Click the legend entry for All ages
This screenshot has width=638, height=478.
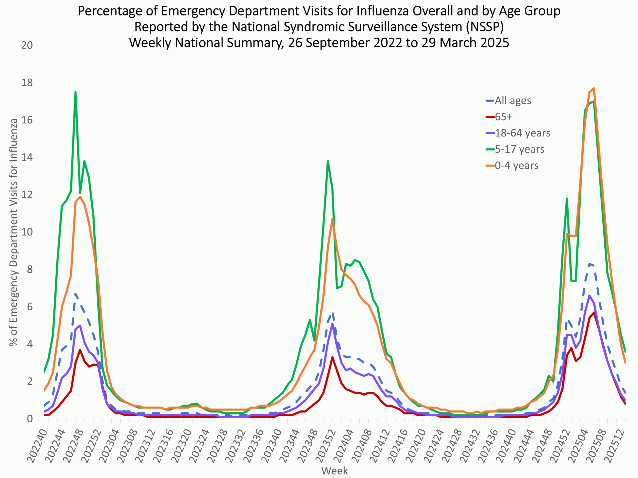click(x=513, y=101)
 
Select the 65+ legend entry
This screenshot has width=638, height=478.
click(x=504, y=117)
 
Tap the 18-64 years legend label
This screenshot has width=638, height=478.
click(x=522, y=133)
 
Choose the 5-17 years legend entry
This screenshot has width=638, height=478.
click(x=519, y=149)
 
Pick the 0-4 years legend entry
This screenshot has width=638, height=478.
click(x=517, y=165)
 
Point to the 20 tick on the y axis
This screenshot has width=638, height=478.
click(x=27, y=45)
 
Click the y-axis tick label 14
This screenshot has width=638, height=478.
click(x=27, y=157)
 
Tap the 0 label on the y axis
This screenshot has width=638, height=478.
click(x=30, y=419)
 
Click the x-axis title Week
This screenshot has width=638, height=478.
click(x=334, y=471)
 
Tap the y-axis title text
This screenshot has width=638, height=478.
click(x=13, y=232)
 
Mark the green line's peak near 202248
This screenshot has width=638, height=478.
click(x=75, y=92)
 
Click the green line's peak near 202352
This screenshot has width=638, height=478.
click(x=328, y=161)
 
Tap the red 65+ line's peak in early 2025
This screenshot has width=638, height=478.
click(x=594, y=312)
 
